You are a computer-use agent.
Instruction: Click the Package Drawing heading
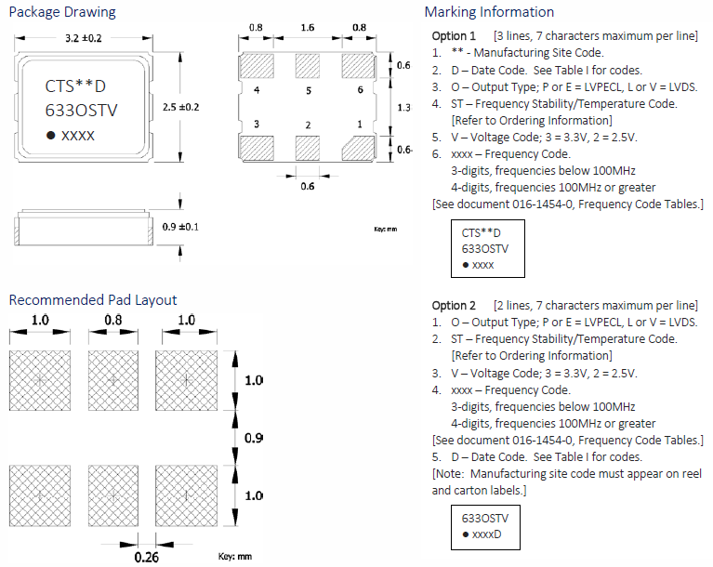tap(62, 12)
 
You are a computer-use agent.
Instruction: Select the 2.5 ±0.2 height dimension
tap(181, 107)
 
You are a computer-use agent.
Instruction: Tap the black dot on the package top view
tap(51, 136)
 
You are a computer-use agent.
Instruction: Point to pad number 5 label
tap(308, 90)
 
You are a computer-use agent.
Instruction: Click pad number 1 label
tap(359, 124)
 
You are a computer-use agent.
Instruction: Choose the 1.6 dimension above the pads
tap(308, 28)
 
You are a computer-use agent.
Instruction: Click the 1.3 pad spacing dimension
tap(403, 108)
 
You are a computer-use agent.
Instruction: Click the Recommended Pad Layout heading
tap(93, 299)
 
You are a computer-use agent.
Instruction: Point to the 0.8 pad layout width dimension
tap(112, 321)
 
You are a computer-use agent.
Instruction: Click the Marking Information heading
tap(489, 12)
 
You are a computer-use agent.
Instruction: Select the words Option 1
tap(454, 35)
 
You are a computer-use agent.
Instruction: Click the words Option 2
tap(454, 306)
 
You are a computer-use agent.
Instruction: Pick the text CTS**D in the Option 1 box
tap(481, 232)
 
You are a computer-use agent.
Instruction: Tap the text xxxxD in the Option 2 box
tap(487, 534)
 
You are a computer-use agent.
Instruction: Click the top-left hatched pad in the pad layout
tap(40, 380)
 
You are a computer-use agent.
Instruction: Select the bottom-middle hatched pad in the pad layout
tap(112, 495)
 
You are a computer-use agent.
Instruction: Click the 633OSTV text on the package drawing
tap(82, 111)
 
